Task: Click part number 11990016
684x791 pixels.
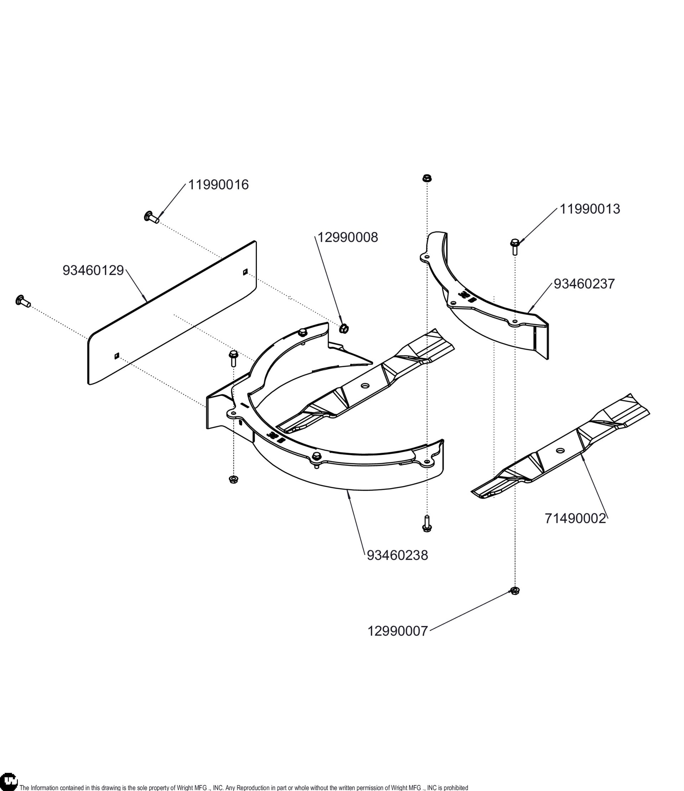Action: coord(218,185)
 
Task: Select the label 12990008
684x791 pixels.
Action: coord(348,238)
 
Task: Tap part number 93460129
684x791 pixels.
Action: coord(93,270)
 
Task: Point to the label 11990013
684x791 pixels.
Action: coord(590,209)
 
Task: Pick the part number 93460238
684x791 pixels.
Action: coord(397,555)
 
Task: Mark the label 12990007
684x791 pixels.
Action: coord(398,631)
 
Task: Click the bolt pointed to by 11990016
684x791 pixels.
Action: coord(151,217)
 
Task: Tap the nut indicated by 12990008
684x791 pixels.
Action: coord(343,328)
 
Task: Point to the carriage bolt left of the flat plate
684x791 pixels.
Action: coord(22,301)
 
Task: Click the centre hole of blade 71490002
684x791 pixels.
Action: coord(560,451)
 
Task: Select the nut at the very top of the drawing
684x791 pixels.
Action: coord(427,178)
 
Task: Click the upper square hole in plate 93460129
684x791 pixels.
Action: coord(245,272)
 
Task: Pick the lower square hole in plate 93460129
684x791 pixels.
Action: coord(116,356)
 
